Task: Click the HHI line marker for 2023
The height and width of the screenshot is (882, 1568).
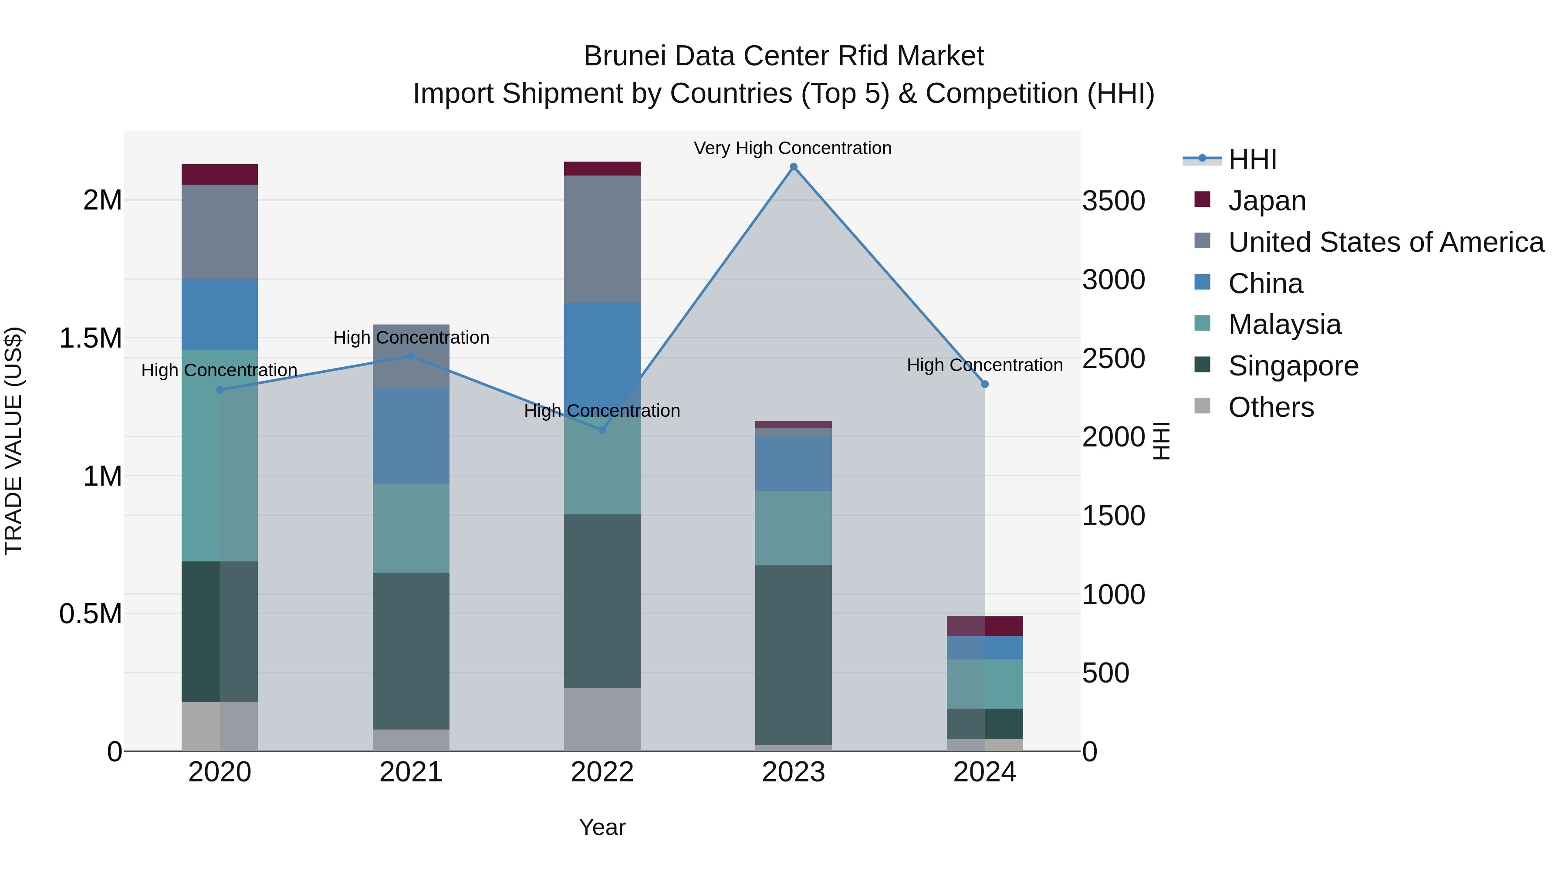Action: pos(793,167)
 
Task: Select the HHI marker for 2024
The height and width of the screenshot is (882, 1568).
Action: pos(984,384)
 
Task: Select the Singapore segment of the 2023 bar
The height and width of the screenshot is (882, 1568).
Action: pos(793,654)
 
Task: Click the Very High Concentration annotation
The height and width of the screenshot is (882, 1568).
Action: pos(793,148)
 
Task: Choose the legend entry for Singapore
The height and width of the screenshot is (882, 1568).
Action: pos(1293,366)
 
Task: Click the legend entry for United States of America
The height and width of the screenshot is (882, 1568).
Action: pos(1386,242)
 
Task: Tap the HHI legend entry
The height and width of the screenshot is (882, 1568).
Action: pos(1252,159)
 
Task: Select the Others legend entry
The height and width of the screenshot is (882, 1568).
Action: pos(1271,407)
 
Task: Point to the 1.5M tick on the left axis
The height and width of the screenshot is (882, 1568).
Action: pos(91,338)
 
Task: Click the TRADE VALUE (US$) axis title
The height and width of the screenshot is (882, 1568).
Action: pos(14,441)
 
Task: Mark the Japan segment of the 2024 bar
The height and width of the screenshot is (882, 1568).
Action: pos(984,626)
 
